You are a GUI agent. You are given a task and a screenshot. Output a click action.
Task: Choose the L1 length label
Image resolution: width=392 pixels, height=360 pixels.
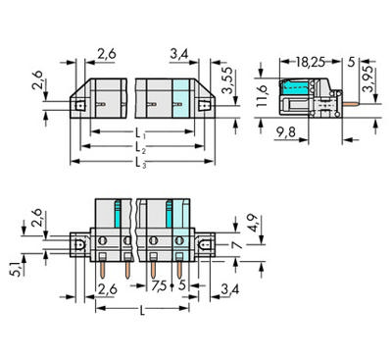[140, 132]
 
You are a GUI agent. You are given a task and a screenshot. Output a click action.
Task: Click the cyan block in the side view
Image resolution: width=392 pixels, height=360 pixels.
[295, 90]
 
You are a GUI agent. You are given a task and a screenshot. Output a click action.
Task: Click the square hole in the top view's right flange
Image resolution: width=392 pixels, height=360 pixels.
[205, 102]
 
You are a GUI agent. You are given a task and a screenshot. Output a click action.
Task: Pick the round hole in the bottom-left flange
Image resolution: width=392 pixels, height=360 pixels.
[80, 239]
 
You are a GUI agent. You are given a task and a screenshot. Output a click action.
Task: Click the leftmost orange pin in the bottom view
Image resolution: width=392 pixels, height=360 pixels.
[103, 263]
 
